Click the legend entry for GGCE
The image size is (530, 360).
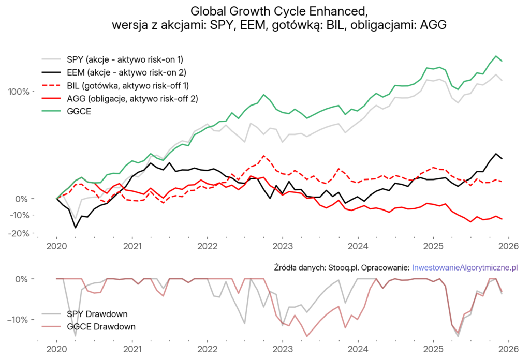[79, 112]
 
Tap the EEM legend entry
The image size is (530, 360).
[126, 71]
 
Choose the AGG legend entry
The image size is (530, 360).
[132, 98]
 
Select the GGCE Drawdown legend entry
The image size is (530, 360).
[100, 327]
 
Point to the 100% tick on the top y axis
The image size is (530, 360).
[21, 92]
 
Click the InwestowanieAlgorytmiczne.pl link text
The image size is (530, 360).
[465, 267]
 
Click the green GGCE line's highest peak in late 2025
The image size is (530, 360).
[496, 56]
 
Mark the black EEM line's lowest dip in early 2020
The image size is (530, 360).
[76, 228]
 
